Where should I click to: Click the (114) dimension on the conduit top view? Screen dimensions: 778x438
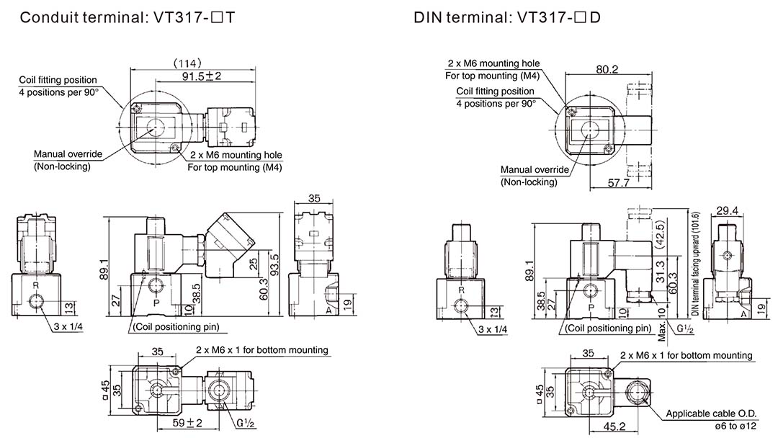[x=187, y=63]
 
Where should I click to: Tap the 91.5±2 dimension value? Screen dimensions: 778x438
[x=202, y=76]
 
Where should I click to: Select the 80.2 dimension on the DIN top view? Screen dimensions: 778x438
[x=607, y=69]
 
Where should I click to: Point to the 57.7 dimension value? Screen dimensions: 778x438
[x=618, y=182]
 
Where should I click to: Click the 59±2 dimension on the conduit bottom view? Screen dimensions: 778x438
[x=187, y=423]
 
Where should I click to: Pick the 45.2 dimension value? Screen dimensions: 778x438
[x=614, y=426]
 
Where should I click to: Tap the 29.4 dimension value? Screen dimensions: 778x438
[x=727, y=210]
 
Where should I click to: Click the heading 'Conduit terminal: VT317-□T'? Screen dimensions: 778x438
[x=127, y=17]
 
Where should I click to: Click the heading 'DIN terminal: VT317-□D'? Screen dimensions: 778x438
[x=507, y=17]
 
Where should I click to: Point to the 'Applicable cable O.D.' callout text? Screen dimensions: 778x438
[x=711, y=414]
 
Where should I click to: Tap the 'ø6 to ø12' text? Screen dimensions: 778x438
[x=735, y=426]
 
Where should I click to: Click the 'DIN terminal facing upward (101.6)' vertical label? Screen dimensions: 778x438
[x=695, y=264]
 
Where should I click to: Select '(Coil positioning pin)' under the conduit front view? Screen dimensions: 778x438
[x=176, y=327]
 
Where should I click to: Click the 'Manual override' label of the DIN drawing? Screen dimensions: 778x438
[x=535, y=169]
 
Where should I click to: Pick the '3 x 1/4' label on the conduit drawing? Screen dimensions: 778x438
[x=68, y=326]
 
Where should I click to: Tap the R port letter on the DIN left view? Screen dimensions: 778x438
[x=462, y=290]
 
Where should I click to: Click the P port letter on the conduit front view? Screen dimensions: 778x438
[x=156, y=303]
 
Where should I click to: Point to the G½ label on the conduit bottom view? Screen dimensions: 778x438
[x=246, y=424]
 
